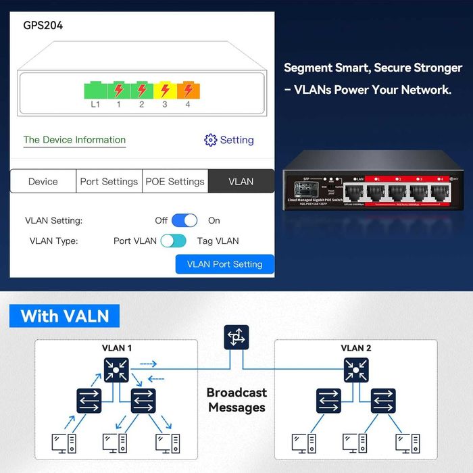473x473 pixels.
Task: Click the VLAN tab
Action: pyautogui.click(x=241, y=181)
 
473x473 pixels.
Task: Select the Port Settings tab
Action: pyautogui.click(x=109, y=181)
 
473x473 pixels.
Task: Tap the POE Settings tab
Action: pyautogui.click(x=175, y=181)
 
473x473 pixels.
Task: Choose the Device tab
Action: pyautogui.click(x=43, y=181)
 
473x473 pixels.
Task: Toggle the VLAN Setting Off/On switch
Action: pyautogui.click(x=184, y=220)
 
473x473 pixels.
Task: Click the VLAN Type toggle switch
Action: pyautogui.click(x=173, y=241)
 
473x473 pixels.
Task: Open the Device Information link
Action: pyautogui.click(x=74, y=140)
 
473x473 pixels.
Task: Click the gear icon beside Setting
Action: pyautogui.click(x=210, y=140)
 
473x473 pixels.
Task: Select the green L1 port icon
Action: pyautogui.click(x=95, y=90)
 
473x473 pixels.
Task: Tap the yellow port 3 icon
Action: pyautogui.click(x=164, y=90)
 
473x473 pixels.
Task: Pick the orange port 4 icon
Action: pyautogui.click(x=187, y=90)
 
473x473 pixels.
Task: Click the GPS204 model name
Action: pyautogui.click(x=43, y=26)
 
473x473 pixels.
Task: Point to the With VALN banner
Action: pyautogui.click(x=65, y=316)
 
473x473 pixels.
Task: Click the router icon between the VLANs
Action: pyautogui.click(x=236, y=337)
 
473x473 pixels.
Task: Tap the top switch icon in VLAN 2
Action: pyautogui.click(x=356, y=369)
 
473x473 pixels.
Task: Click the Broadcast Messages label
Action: pyautogui.click(x=236, y=400)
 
